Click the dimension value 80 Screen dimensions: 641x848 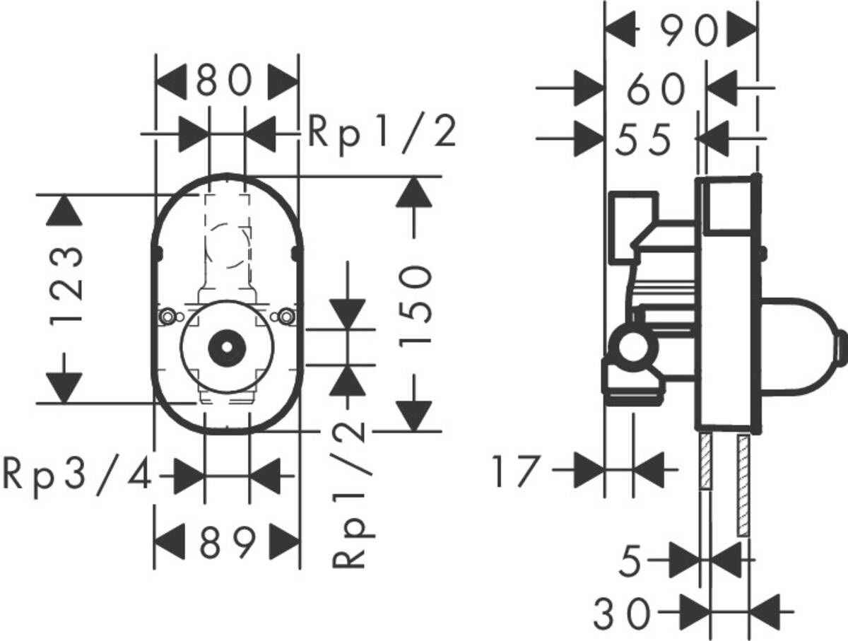tap(225, 82)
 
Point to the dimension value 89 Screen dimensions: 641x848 tap(226, 543)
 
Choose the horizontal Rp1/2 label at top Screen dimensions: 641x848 tap(382, 134)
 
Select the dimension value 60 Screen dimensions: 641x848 tap(656, 90)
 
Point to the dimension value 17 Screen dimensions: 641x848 tap(516, 471)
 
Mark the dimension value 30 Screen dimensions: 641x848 tap(622, 613)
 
